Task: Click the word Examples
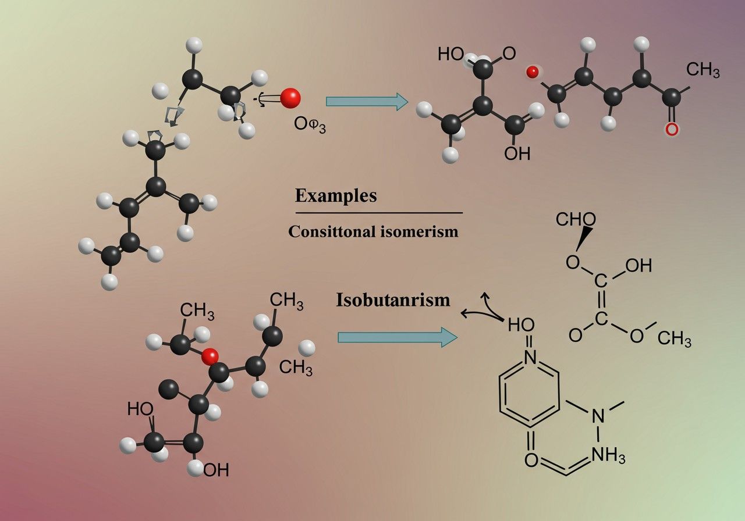[336, 195]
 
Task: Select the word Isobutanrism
[393, 300]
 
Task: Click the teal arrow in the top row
[366, 101]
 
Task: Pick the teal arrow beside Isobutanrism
[398, 337]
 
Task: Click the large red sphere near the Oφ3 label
[290, 98]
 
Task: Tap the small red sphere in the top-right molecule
[532, 72]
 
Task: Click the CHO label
[575, 220]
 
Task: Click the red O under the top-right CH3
[672, 129]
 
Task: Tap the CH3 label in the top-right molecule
[703, 70]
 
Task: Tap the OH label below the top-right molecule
[517, 154]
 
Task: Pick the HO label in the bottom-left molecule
[141, 409]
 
